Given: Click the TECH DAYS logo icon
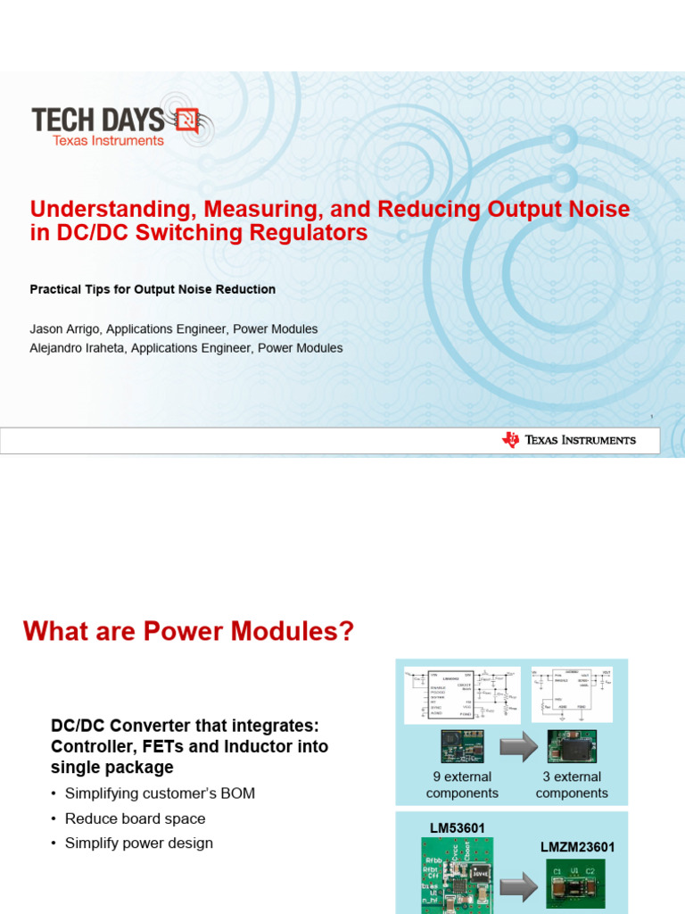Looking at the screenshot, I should [187, 120].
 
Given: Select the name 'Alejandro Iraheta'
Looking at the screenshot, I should [78, 348].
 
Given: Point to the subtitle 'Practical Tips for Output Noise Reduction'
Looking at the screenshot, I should [153, 289].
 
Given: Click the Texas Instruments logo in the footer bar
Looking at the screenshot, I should [568, 440].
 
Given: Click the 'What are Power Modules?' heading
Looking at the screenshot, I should [188, 632].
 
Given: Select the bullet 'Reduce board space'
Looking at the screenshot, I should [135, 818].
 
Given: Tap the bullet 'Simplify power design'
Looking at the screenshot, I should [138, 843].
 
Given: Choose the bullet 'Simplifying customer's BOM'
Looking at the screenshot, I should [160, 794].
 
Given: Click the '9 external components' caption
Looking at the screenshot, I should [462, 785].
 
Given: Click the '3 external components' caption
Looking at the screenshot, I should [572, 785].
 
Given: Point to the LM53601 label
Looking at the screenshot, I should [458, 828].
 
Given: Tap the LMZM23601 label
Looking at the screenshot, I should [577, 847].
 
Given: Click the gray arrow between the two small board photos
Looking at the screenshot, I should [518, 747].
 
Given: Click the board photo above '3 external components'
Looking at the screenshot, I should [572, 746].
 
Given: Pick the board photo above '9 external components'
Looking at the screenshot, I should [461, 746].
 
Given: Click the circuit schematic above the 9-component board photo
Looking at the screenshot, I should [461, 694].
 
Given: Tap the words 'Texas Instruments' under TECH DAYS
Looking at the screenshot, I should [108, 140].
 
